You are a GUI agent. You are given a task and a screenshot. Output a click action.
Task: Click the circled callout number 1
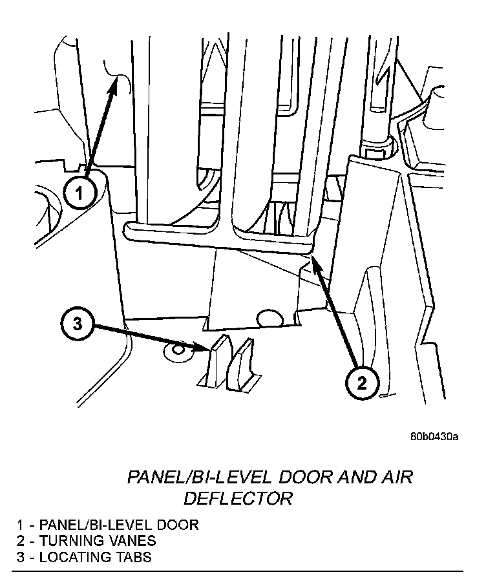pos(79,193)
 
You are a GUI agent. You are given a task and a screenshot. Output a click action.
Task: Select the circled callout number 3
pos(78,324)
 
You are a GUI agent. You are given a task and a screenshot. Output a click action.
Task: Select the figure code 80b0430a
pos(433,437)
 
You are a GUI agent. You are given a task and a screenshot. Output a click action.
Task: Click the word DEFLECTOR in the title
pos(238,498)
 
